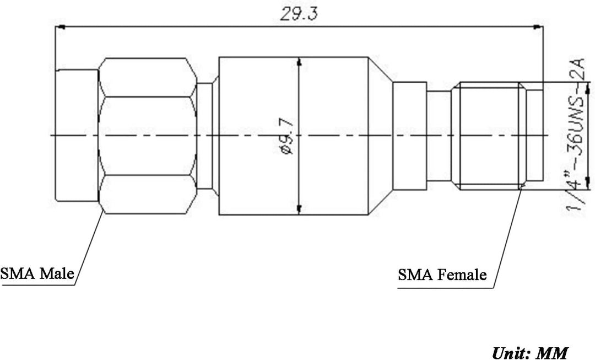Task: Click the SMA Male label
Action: click(37, 274)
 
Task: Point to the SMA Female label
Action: click(442, 275)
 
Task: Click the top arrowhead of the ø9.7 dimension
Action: click(299, 62)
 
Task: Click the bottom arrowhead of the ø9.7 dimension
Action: click(299, 209)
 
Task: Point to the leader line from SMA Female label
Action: click(507, 237)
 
